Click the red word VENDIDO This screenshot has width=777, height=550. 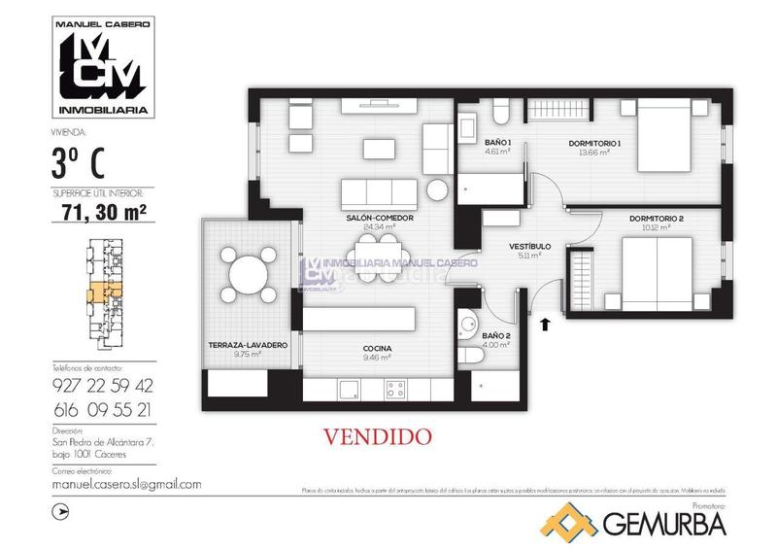coord(375,437)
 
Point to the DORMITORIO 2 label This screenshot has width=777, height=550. coord(656,219)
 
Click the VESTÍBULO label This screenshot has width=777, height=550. coord(530,247)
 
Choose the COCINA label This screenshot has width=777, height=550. coord(376,347)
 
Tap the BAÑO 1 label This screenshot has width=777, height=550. coord(498,144)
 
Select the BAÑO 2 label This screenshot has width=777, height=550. coord(495,336)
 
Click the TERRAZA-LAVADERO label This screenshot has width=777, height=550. coord(248,346)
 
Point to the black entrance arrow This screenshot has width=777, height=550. coord(545,323)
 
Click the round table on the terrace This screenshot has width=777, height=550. coord(248,273)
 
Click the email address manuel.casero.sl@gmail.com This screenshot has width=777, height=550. coord(125,484)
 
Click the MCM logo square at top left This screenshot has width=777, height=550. coord(100,65)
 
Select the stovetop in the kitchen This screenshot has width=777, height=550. coord(395,389)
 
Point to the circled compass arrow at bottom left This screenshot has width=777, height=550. coord(63,508)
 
